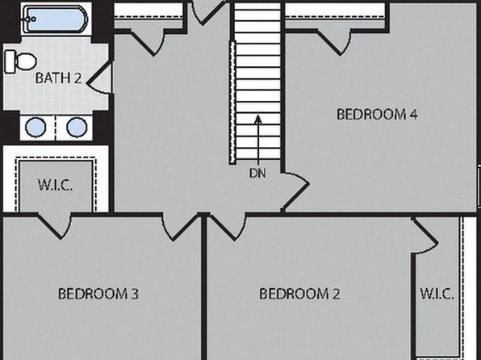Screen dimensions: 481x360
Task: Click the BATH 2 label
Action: click(x=59, y=78)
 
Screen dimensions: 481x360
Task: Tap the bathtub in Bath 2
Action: click(x=55, y=19)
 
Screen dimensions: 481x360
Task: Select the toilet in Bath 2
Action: click(x=20, y=61)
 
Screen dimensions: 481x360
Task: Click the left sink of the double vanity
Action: click(x=36, y=127)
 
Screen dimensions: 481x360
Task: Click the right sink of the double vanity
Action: click(x=77, y=127)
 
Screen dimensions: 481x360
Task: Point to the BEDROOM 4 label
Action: click(x=377, y=115)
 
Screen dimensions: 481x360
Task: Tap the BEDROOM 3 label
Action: click(x=98, y=294)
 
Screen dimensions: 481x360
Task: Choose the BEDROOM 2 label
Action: click(x=299, y=294)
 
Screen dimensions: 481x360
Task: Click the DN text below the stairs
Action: click(x=257, y=174)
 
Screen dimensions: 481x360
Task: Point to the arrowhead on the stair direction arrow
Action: click(x=258, y=119)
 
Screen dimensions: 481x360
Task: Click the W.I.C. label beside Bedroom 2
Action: click(x=437, y=294)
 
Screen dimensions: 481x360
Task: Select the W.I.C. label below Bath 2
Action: click(x=55, y=185)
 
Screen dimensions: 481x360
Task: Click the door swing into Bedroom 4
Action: click(x=295, y=190)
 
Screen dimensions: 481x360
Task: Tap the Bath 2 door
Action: click(x=100, y=78)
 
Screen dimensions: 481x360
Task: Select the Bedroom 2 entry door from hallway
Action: click(x=227, y=227)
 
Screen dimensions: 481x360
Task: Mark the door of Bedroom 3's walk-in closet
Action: click(x=55, y=225)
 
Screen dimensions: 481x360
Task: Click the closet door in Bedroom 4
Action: click(x=334, y=42)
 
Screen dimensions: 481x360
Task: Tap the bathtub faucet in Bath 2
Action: click(x=30, y=19)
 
